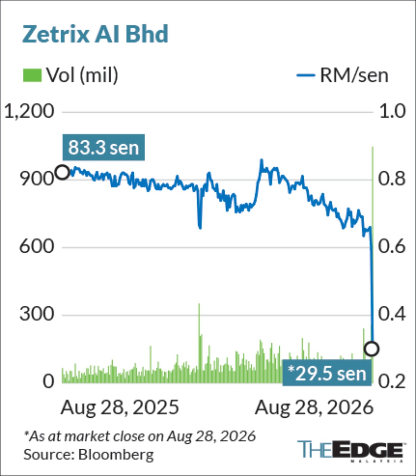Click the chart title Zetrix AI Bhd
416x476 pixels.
[95, 34]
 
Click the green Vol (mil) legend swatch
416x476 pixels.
[32, 75]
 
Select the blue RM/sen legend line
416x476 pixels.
[306, 75]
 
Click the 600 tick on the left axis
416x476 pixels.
[37, 247]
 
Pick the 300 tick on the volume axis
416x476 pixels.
[37, 314]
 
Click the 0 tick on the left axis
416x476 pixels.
[49, 382]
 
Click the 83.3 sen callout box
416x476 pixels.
[104, 147]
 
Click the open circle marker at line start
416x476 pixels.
[62, 172]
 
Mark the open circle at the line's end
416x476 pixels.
[372, 349]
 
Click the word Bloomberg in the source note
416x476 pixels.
[116, 455]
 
